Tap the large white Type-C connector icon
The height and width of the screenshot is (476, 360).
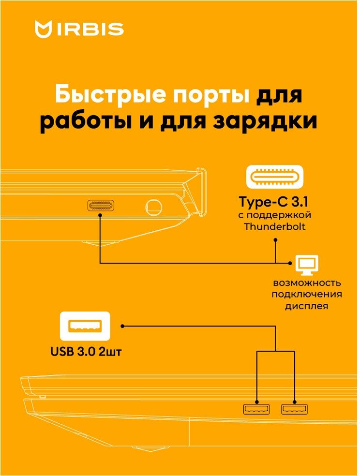pos(275,177)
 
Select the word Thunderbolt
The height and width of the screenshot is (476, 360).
pos(275,226)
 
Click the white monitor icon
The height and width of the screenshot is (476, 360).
pos(307,264)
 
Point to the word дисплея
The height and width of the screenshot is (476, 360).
pos(307,306)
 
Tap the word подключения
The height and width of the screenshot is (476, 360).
pos(307,295)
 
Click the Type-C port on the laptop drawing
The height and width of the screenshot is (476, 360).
pos(100,206)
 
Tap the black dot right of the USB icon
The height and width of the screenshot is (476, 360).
pos(123,326)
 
